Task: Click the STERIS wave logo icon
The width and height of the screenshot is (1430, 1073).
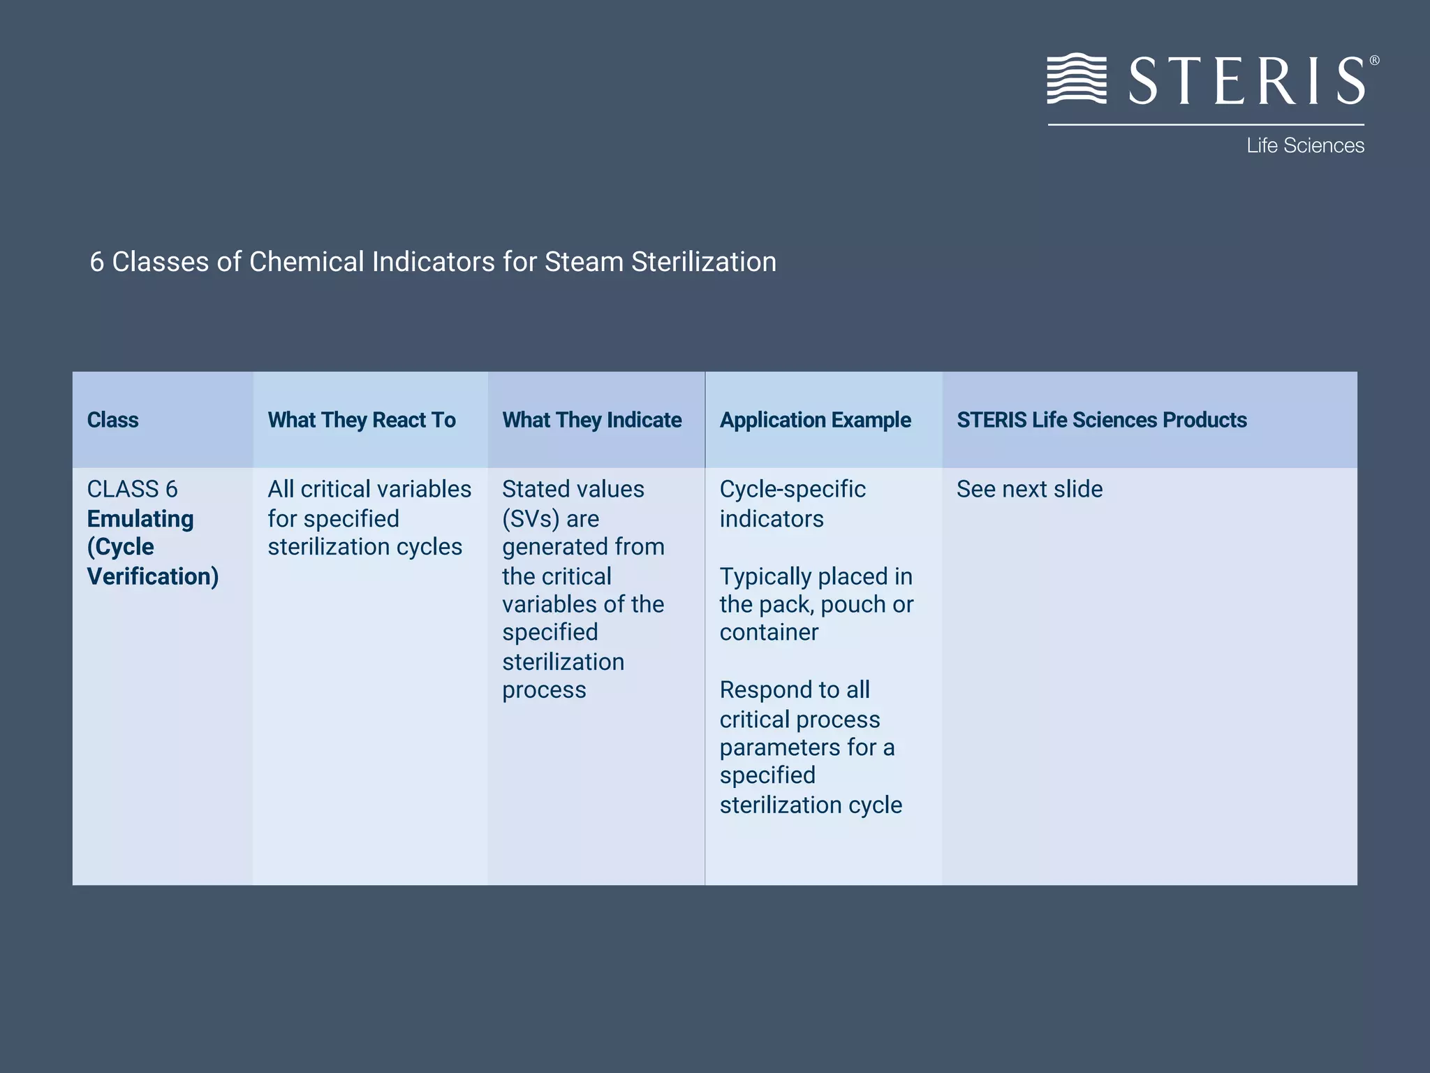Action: coord(1076,79)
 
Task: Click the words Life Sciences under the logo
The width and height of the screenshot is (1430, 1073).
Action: coord(1304,145)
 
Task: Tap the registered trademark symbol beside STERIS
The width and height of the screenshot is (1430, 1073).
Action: coord(1373,61)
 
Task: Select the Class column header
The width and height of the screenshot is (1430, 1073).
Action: coord(112,420)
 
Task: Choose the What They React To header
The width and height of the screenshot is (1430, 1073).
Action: coord(361,420)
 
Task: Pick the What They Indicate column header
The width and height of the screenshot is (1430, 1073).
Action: coord(591,420)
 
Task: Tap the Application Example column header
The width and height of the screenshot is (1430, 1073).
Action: coord(815,420)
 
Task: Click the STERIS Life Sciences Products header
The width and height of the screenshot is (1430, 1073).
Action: coord(1101,420)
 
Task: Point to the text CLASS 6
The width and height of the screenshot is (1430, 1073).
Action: coord(132,489)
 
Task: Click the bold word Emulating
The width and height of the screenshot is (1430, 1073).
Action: coord(140,519)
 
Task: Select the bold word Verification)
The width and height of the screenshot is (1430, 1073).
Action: coord(152,576)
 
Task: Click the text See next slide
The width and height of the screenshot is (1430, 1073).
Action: coord(1029,489)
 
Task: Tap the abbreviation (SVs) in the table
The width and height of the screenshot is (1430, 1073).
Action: coord(531,519)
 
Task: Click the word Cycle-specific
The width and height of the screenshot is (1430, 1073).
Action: coord(793,489)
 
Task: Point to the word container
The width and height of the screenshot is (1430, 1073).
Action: coord(769,632)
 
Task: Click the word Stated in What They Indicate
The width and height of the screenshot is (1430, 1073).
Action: coord(534,489)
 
